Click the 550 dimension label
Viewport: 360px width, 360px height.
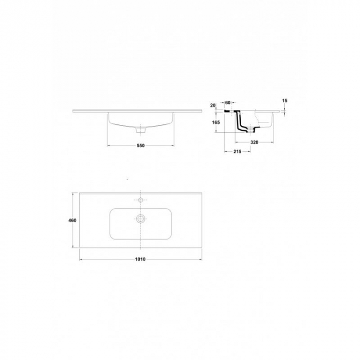click(140, 146)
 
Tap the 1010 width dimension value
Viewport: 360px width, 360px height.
click(140, 259)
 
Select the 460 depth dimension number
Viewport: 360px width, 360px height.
click(73, 221)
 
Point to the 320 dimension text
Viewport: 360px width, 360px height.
click(254, 142)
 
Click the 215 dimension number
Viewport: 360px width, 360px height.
click(238, 152)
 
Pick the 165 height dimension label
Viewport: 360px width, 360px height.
click(216, 122)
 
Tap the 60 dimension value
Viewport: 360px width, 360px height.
click(227, 103)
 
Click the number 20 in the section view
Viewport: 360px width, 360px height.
click(213, 105)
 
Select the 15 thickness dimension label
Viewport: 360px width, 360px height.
click(285, 101)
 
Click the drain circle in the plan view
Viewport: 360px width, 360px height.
click(140, 219)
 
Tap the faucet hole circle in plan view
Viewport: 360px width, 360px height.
click(140, 200)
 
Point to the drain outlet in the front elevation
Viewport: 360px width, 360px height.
click(140, 130)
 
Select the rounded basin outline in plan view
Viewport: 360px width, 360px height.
click(110, 224)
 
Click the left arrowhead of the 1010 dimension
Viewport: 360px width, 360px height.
click(81, 259)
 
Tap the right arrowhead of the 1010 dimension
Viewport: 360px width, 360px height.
click(201, 259)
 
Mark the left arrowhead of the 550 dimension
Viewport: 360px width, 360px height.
click(109, 146)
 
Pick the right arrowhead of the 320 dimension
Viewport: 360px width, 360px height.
click(273, 142)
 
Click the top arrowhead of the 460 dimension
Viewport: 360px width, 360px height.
click(73, 194)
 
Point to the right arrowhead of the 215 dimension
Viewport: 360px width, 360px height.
click(249, 152)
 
